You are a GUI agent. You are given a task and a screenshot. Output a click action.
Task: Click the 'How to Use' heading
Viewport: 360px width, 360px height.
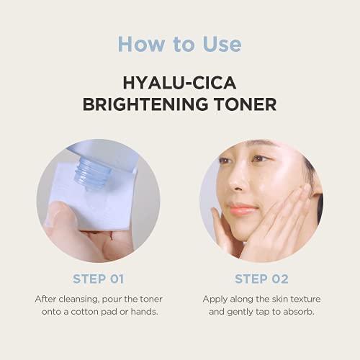(x=179, y=43)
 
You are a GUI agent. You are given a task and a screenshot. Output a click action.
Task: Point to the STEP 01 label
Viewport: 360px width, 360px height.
(x=98, y=278)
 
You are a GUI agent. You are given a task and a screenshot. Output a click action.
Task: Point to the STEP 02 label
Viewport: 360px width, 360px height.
(x=261, y=278)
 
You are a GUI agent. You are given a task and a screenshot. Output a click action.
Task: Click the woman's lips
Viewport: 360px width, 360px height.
(x=243, y=210)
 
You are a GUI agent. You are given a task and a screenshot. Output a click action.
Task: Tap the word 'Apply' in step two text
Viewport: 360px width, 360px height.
(x=215, y=298)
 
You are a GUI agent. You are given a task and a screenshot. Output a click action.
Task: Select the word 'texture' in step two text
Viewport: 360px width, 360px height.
(x=302, y=298)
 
